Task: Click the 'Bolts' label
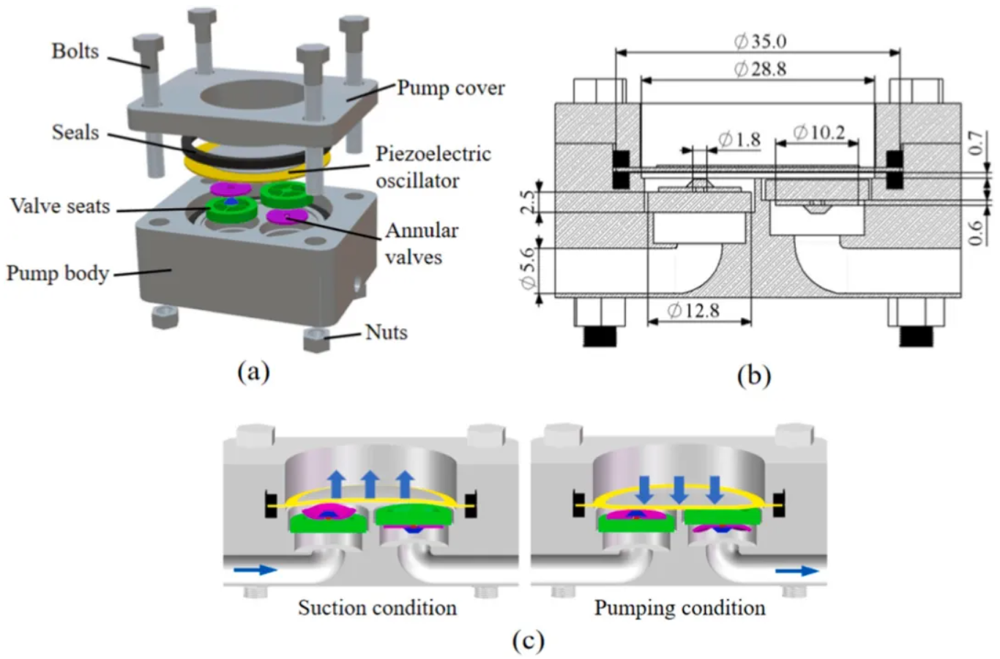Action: (75, 51)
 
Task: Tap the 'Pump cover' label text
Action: (451, 88)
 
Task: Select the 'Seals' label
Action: (75, 133)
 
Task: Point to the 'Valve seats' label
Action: (60, 206)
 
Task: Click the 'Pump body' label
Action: (58, 273)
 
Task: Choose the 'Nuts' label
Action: (386, 332)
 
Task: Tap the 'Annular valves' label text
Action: (422, 243)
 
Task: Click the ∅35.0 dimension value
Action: (760, 41)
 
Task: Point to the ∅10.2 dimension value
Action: (818, 133)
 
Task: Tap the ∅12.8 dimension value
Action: (693, 310)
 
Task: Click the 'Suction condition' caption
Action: (377, 608)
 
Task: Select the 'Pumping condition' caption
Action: (679, 608)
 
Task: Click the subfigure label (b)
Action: (755, 375)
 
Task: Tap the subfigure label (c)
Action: (529, 641)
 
